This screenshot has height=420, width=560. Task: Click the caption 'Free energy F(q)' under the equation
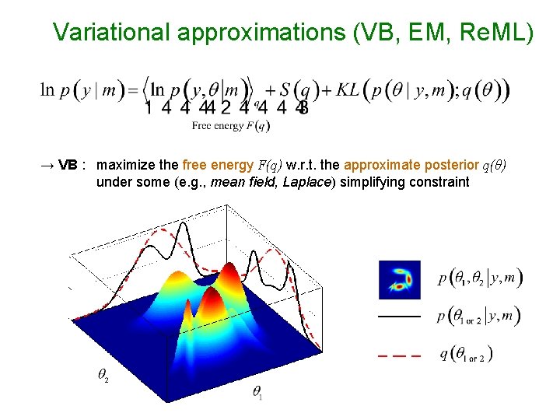coord(231,124)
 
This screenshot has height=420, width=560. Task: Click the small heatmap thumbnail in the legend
coord(399,279)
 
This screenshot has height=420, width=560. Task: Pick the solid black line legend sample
coord(399,317)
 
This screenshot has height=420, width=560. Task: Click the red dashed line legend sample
coord(399,355)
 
